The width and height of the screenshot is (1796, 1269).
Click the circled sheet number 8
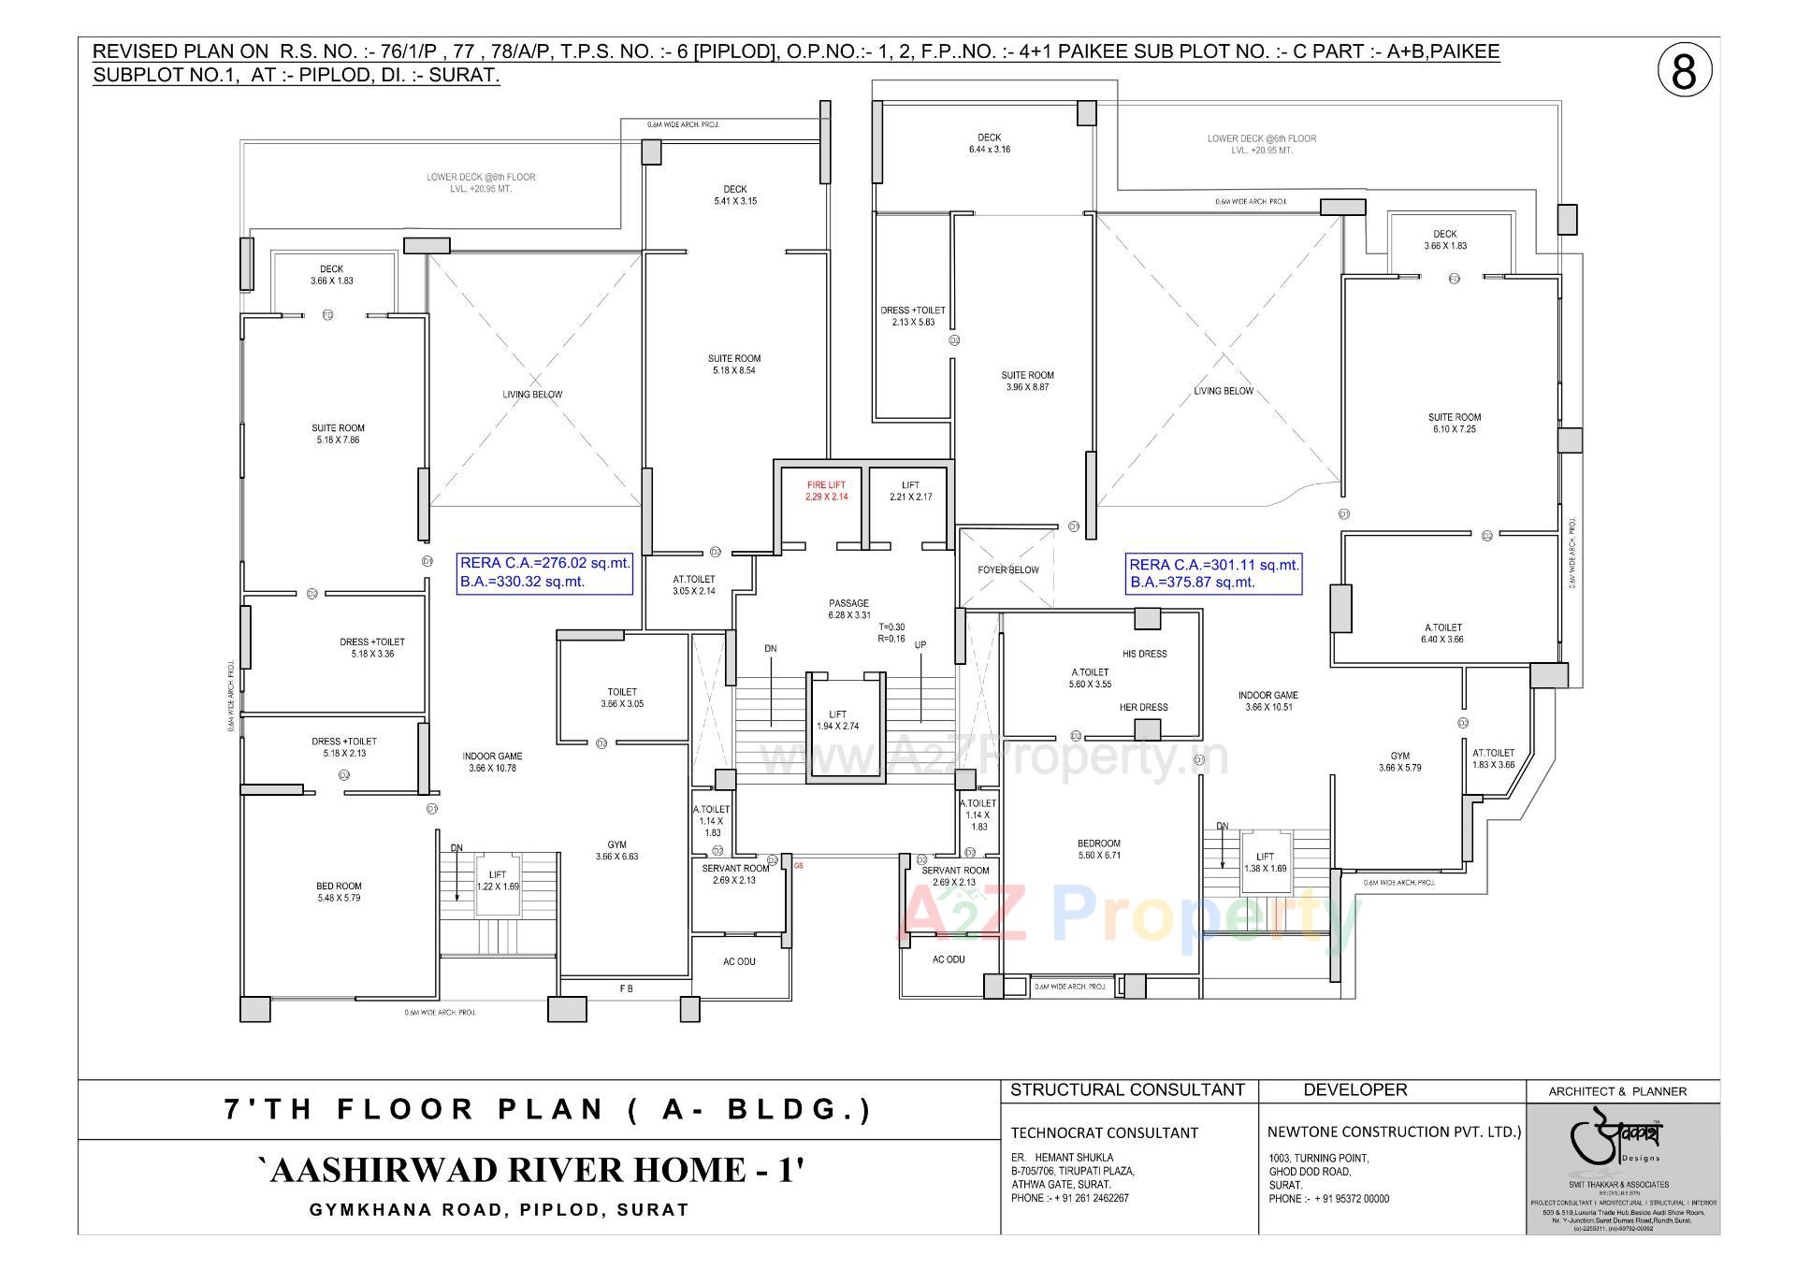(1684, 72)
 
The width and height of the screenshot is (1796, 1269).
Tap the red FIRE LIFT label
(826, 491)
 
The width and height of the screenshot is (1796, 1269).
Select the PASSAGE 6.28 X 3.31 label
(848, 609)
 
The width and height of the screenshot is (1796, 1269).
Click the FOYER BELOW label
(1008, 570)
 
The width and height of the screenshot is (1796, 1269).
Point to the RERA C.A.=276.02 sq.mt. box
(544, 572)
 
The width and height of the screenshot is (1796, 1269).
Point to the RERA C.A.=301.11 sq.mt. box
(1213, 572)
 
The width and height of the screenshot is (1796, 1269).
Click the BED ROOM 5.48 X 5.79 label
(339, 891)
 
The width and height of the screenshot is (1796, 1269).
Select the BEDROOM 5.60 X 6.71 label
(1098, 848)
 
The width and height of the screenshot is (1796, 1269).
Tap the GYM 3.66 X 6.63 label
(616, 850)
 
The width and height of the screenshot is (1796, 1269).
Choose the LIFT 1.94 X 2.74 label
(837, 720)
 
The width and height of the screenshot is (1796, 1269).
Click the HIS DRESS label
(1144, 654)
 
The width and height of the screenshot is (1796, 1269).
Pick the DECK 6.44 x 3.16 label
(989, 143)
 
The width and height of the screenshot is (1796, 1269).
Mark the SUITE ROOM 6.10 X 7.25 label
(1454, 423)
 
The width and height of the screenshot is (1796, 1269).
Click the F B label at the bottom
(626, 988)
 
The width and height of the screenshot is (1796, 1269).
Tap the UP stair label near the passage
(920, 645)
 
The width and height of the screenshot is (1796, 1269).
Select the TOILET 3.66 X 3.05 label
(622, 698)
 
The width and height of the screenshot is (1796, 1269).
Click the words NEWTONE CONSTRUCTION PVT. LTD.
(1394, 1132)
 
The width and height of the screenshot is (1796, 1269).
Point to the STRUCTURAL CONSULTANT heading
(1127, 1089)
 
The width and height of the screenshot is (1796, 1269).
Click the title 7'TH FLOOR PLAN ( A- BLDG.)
(548, 1110)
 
